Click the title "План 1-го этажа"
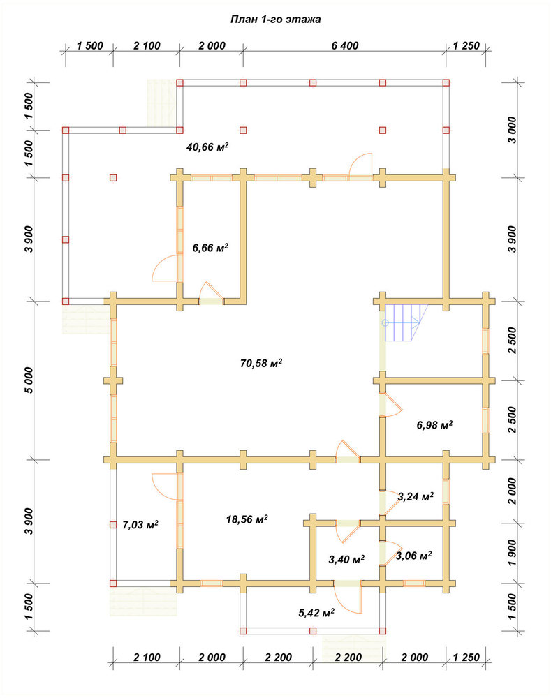point(275,20)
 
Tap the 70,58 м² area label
point(261,363)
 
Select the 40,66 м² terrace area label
point(207,147)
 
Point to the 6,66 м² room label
point(210,248)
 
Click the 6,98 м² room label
point(434,425)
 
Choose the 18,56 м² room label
point(247,519)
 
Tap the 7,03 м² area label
point(140,525)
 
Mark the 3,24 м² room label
point(416,496)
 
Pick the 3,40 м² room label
point(346,559)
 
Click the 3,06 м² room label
point(413,556)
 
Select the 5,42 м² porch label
point(316,613)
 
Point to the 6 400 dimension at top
point(345,45)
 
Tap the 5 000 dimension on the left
point(29,380)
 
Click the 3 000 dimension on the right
point(513,130)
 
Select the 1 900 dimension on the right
point(513,553)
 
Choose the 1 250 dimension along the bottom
point(466,657)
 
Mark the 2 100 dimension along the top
point(147,45)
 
